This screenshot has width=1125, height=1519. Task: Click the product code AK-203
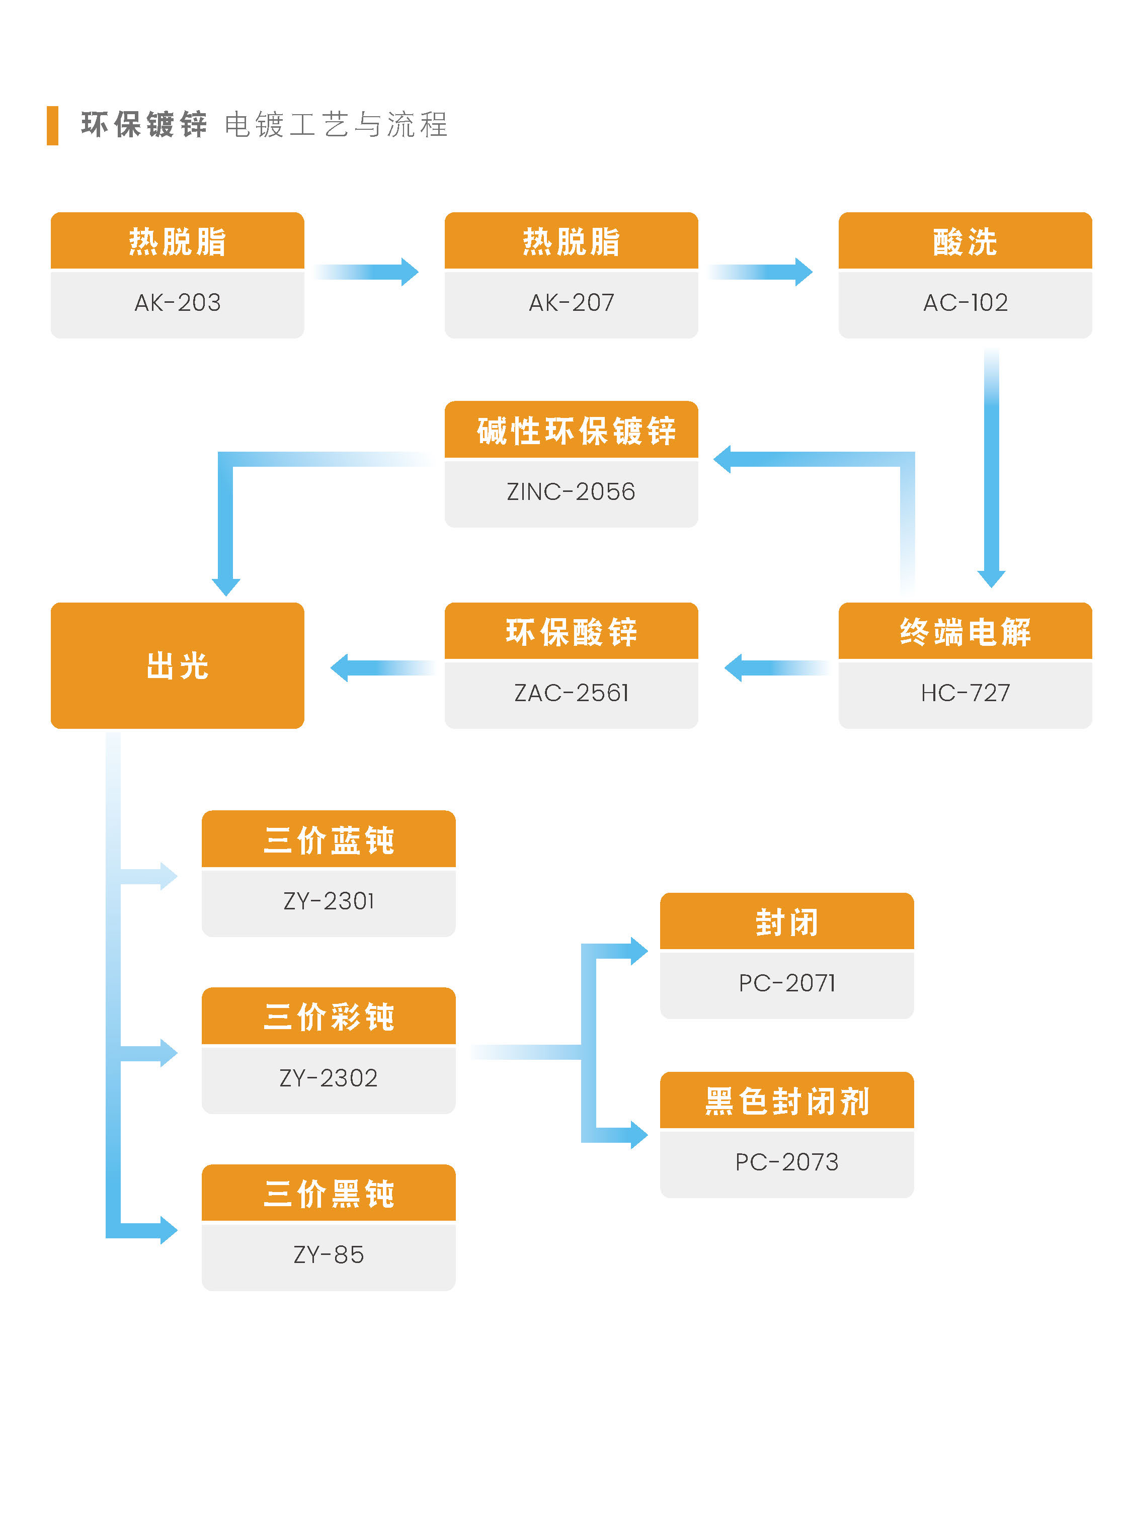pyautogui.click(x=178, y=302)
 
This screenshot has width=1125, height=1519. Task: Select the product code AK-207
pyautogui.click(x=572, y=302)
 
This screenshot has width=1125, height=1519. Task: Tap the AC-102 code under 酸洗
pyautogui.click(x=965, y=302)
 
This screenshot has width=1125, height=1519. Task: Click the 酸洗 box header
pyautogui.click(x=965, y=241)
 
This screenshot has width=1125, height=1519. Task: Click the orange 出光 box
pyautogui.click(x=178, y=665)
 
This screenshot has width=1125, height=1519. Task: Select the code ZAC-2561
pyautogui.click(x=572, y=693)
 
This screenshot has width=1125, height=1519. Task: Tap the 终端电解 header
pyautogui.click(x=965, y=631)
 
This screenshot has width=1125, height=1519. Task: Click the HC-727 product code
pyautogui.click(x=965, y=693)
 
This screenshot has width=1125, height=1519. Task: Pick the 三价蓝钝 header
pyautogui.click(x=329, y=839)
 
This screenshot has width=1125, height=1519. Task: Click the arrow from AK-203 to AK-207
pyautogui.click(x=366, y=272)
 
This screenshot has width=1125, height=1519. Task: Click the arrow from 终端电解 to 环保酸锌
pyautogui.click(x=777, y=668)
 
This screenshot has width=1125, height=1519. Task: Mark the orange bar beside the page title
pyautogui.click(x=52, y=125)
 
